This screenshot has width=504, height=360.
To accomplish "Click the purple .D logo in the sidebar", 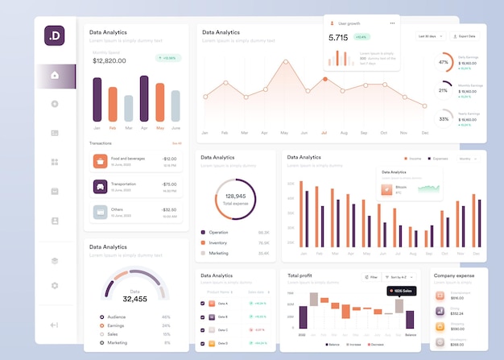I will pyautogui.click(x=55, y=35).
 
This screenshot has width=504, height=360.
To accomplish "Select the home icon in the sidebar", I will pyautogui.click(x=55, y=75).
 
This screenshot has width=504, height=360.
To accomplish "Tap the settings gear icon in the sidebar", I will pyautogui.click(x=55, y=285).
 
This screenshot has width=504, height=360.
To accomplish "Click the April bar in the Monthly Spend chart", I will pyautogui.click(x=144, y=98).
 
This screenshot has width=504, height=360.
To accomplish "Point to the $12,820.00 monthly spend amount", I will pyautogui.click(x=109, y=60).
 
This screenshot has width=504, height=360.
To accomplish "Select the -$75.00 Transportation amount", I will pyautogui.click(x=169, y=184).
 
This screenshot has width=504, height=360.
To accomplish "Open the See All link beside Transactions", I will pyautogui.click(x=176, y=143).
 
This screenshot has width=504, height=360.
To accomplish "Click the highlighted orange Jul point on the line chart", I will pyautogui.click(x=324, y=79).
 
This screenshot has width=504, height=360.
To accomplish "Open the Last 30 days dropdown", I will pyautogui.click(x=431, y=36).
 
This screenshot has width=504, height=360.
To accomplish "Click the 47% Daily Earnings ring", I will pyautogui.click(x=444, y=62).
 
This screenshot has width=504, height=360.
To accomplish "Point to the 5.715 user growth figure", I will pyautogui.click(x=338, y=37).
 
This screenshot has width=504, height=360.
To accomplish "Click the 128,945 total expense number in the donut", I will pyautogui.click(x=235, y=196).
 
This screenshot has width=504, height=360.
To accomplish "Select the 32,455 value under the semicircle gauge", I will pyautogui.click(x=134, y=299).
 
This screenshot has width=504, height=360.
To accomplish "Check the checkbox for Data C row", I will pyautogui.click(x=202, y=329).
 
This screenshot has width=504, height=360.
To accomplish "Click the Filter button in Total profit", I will pyautogui.click(x=370, y=276).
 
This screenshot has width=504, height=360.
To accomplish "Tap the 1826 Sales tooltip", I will pyautogui.click(x=400, y=291).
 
